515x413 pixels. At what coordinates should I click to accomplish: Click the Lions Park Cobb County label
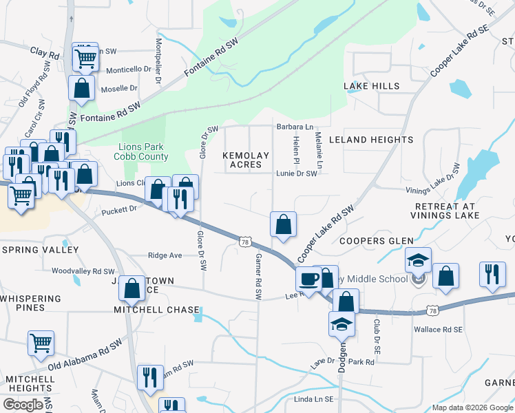coord(143,151)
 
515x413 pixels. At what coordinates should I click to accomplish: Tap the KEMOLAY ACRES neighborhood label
coord(246,160)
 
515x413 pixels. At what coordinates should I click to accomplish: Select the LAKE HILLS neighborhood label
coord(372,86)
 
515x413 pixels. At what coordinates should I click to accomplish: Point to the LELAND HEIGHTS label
coord(371,140)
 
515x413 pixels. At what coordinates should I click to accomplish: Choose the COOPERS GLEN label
coord(377,241)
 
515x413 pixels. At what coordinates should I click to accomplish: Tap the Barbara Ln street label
coord(295,127)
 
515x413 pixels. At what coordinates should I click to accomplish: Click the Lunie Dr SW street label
coord(297,174)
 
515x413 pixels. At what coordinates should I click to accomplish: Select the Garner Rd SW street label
coord(259,275)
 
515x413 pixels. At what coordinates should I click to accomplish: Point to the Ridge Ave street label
coord(165,255)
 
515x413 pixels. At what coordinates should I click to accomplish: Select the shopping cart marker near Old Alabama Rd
coord(41,341)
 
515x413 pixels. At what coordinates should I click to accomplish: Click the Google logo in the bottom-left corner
coord(23,405)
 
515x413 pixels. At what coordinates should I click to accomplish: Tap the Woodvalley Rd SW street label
coord(83,271)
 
